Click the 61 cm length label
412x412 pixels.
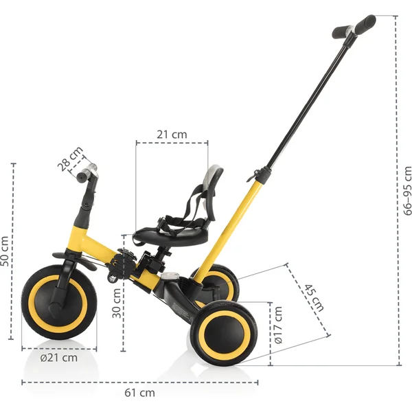point(139,393)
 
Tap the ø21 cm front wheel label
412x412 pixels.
point(58,358)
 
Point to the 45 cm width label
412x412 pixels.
point(312,297)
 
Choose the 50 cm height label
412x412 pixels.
point(5,251)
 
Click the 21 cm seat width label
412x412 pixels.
point(171,135)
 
